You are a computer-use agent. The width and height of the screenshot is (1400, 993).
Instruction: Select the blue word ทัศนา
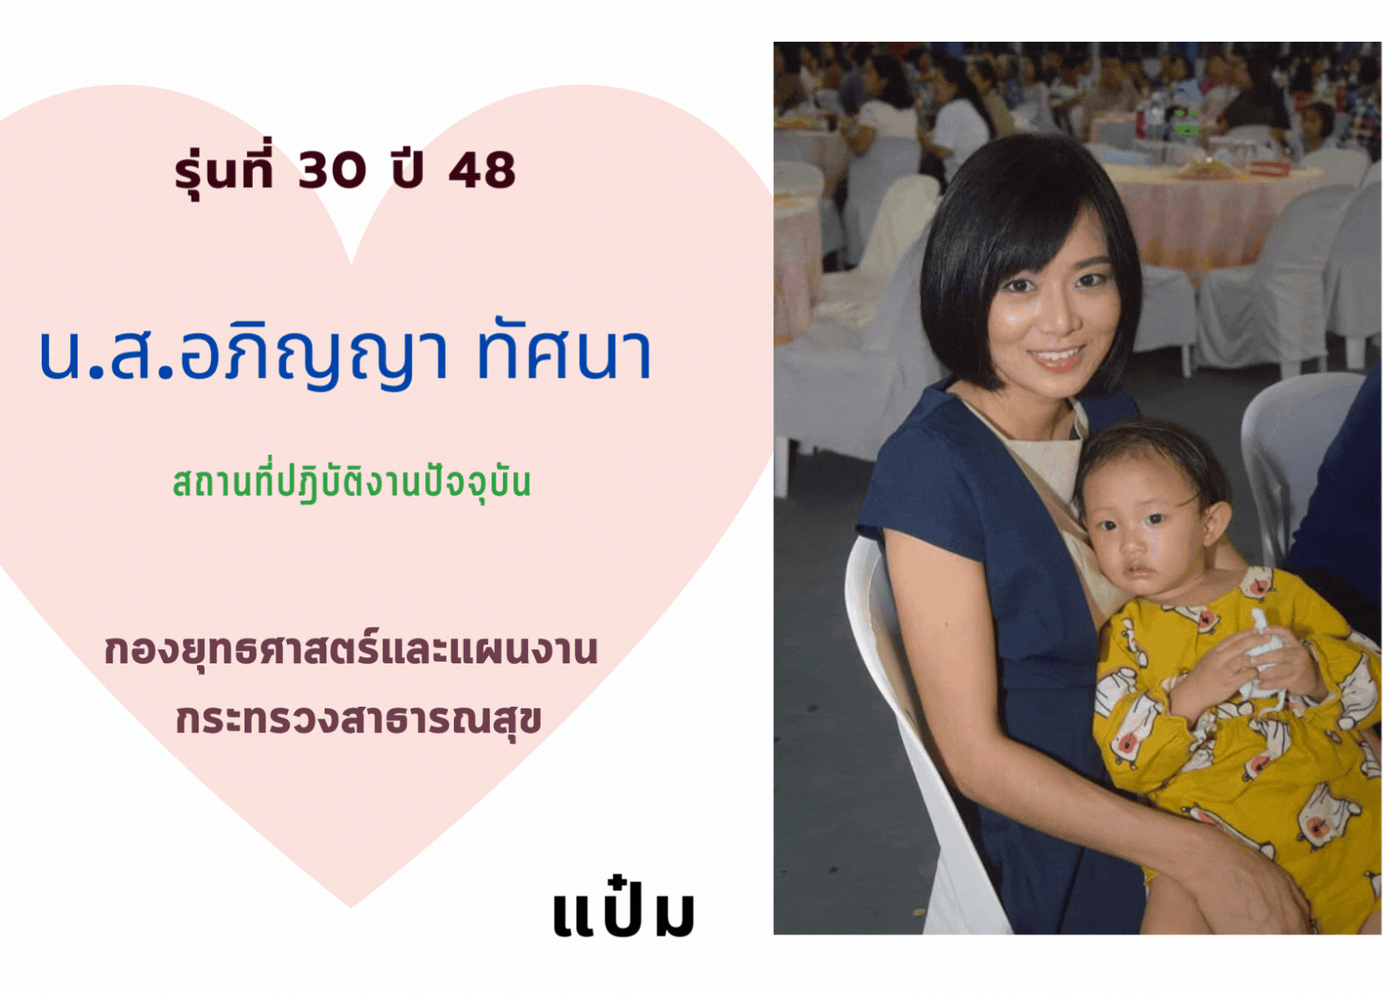click(x=564, y=355)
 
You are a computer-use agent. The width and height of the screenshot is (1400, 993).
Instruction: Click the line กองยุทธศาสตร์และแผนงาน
click(x=350, y=651)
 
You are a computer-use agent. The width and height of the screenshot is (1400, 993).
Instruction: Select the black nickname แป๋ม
click(x=624, y=912)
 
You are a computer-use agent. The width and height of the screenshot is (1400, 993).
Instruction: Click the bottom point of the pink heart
click(x=350, y=907)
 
